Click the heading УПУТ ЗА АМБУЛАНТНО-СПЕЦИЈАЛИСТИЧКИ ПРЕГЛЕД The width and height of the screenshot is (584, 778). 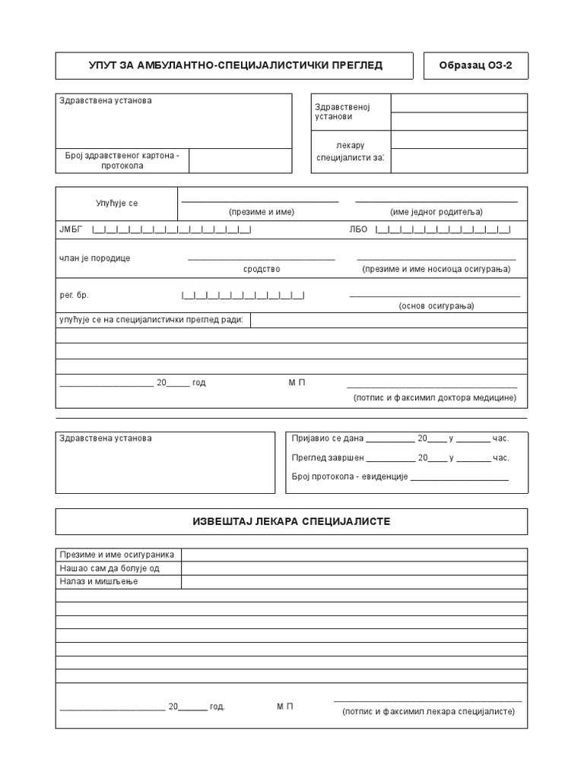[235, 65]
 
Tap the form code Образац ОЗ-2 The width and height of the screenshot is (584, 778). [475, 65]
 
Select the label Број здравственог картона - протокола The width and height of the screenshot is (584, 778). [121, 160]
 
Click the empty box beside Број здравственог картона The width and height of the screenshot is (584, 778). [240, 160]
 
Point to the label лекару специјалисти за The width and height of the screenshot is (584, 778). [350, 151]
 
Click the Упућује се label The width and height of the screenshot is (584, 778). [117, 204]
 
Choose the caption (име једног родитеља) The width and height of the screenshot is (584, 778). [436, 212]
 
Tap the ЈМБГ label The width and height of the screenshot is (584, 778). [69, 229]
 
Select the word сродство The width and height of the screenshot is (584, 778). [262, 269]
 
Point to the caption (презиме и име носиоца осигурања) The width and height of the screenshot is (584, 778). [436, 269]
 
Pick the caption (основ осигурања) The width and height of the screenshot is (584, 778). [436, 305]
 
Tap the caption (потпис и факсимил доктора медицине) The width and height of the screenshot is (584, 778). [434, 397]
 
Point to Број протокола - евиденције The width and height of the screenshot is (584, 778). [351, 476]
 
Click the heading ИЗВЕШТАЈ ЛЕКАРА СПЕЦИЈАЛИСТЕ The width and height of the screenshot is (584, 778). [291, 521]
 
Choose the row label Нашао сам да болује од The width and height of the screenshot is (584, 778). [109, 568]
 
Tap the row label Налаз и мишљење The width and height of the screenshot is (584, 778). [99, 581]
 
